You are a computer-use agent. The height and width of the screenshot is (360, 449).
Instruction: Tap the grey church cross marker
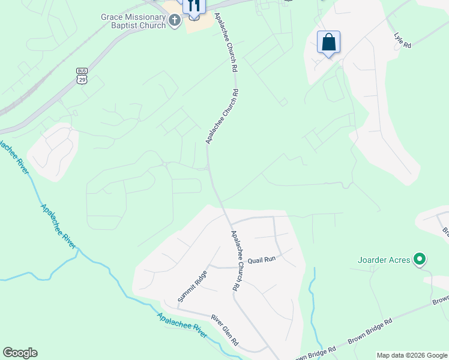click(x=175, y=22)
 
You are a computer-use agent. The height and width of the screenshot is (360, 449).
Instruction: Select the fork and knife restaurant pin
click(x=193, y=6)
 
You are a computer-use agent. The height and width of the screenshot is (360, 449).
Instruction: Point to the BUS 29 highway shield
click(x=82, y=75)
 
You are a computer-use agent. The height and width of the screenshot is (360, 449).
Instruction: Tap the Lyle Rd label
click(x=402, y=40)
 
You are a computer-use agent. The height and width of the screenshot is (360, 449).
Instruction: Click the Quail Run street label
click(x=261, y=259)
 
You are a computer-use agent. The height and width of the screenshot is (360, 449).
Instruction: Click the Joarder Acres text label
click(x=384, y=260)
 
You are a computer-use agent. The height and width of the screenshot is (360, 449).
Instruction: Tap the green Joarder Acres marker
click(x=420, y=260)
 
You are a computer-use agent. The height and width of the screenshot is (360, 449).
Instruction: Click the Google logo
click(x=20, y=353)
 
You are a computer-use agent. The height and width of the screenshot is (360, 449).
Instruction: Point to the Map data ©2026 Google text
click(x=412, y=355)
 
